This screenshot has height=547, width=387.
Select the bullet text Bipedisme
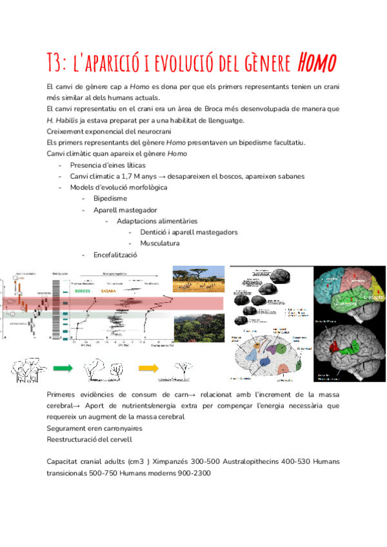110,199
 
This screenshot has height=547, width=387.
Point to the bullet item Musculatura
161,243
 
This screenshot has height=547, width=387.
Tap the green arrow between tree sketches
63,369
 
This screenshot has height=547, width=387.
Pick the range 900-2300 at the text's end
193,473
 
